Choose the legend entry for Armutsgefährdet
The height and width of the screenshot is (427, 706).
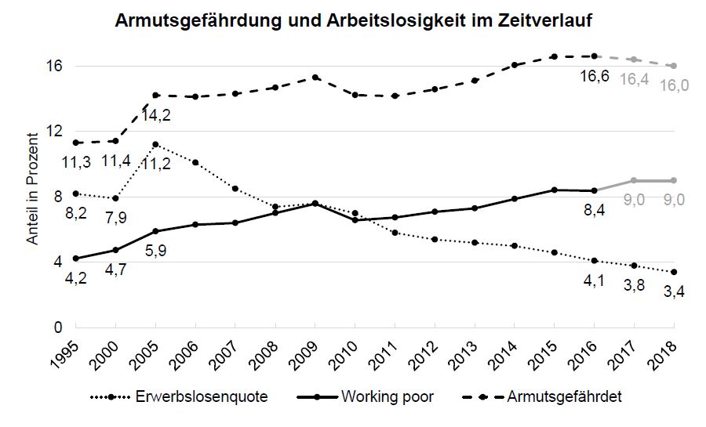point(566,396)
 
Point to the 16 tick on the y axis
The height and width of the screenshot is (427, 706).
point(54,66)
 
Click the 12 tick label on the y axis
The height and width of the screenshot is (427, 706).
point(54,131)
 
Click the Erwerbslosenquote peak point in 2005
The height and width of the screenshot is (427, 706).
point(155,144)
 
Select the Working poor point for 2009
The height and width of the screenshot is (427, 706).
point(315,204)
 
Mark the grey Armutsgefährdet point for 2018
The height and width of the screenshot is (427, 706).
point(674,66)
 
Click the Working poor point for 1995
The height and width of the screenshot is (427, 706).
point(76,259)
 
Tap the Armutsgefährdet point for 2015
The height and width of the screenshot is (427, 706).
point(554,56)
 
